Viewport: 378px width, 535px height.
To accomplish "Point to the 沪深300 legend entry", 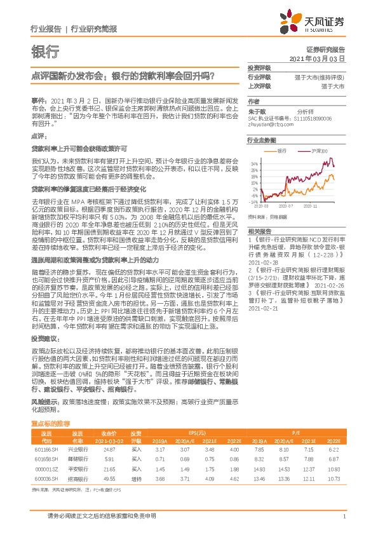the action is coord(317,151).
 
